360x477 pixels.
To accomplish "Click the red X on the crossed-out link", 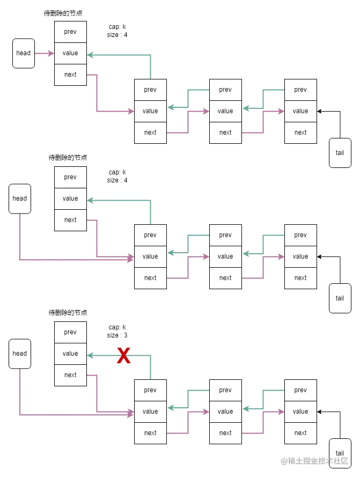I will (124, 356).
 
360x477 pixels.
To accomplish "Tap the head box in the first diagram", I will (24, 53).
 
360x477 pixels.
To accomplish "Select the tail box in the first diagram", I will (340, 153).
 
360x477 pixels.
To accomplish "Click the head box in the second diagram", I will (20, 199).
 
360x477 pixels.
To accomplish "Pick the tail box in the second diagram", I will (340, 298).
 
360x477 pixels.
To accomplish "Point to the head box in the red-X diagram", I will (20, 354).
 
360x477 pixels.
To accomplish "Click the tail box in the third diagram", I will (340, 453).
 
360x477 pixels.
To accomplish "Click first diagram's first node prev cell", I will (70, 32).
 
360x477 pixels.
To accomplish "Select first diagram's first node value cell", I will (70, 53).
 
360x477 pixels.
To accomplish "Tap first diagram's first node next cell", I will (70, 75).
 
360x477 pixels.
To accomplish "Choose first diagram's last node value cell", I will (300, 111).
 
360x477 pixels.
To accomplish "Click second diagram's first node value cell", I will (70, 199).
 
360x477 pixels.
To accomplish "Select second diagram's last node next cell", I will (300, 278).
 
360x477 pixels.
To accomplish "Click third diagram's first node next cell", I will (70, 375).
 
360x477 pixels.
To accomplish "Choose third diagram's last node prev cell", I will (300, 390).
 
